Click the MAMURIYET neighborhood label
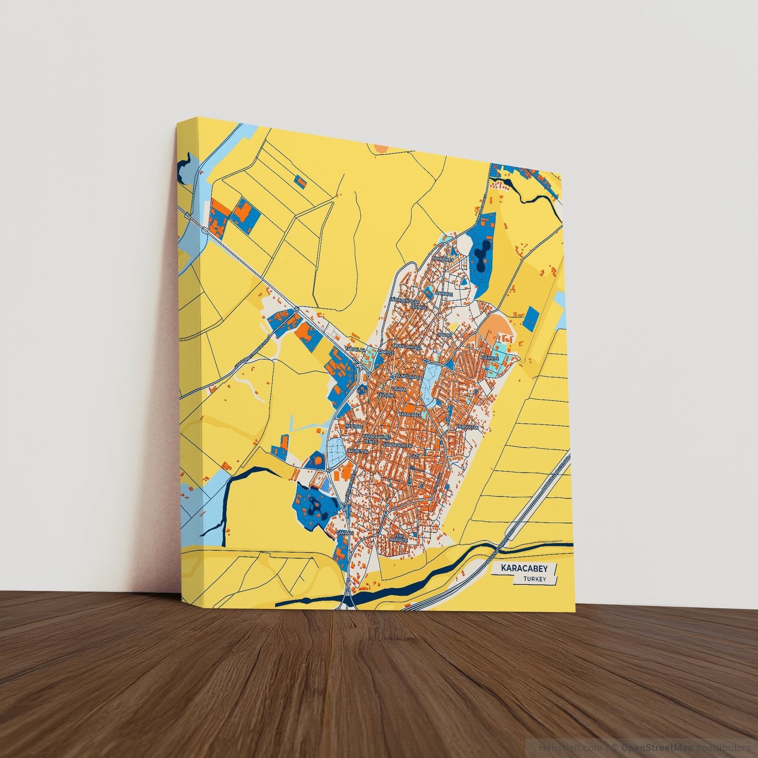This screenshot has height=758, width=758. tap(442, 260)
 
